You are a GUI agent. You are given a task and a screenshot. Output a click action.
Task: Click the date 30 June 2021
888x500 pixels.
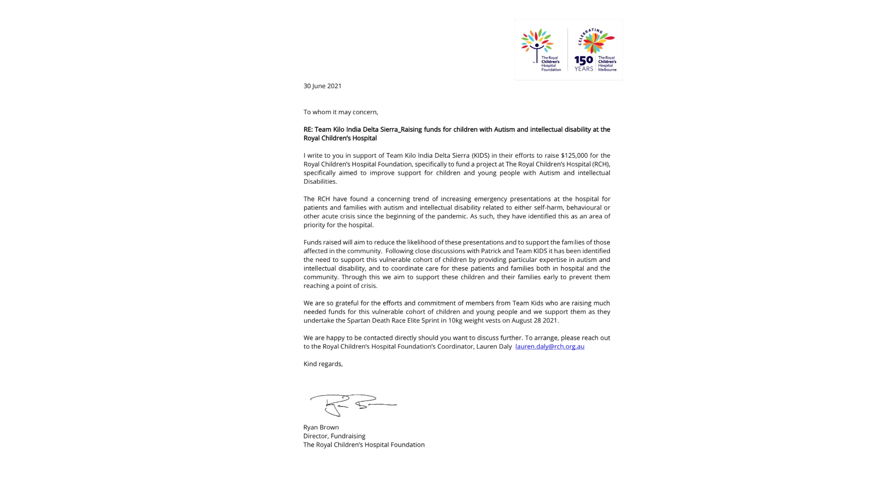pyautogui.click(x=322, y=86)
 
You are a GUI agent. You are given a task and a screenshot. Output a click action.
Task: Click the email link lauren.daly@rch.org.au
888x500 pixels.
pyautogui.click(x=549, y=346)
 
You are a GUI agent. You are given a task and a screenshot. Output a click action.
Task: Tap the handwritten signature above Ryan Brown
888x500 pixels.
pyautogui.click(x=352, y=405)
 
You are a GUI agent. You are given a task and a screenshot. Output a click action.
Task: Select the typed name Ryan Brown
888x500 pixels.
pyautogui.click(x=321, y=427)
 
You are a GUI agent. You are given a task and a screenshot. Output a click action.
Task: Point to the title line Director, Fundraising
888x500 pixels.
pyautogui.click(x=334, y=436)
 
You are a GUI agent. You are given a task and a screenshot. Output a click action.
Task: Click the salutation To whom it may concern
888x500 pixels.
pyautogui.click(x=340, y=112)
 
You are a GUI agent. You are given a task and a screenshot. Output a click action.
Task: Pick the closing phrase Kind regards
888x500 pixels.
pyautogui.click(x=323, y=364)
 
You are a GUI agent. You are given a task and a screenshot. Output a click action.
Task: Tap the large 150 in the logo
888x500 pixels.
pyautogui.click(x=583, y=61)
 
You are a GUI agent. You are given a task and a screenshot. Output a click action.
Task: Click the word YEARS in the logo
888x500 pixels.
pyautogui.click(x=583, y=69)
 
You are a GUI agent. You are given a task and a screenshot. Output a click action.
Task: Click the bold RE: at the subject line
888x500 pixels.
pyautogui.click(x=308, y=130)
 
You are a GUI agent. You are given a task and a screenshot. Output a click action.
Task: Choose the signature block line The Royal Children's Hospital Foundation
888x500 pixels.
pyautogui.click(x=364, y=445)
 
